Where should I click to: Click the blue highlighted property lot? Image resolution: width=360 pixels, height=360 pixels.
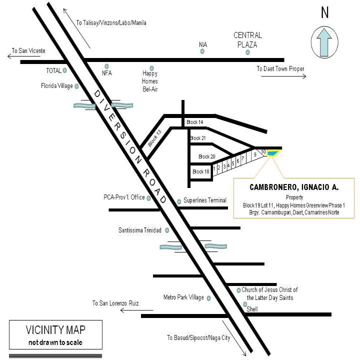point(273,153)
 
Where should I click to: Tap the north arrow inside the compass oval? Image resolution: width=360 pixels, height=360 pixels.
point(324,42)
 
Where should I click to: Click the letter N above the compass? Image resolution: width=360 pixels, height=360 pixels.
point(324,12)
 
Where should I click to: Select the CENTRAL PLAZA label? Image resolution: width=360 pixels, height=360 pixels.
point(247,39)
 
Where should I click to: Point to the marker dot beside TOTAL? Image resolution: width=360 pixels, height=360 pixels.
point(64,70)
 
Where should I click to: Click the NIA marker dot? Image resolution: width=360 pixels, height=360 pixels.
point(202,51)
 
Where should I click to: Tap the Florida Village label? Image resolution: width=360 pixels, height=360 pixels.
point(56,86)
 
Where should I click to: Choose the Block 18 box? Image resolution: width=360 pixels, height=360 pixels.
point(201,172)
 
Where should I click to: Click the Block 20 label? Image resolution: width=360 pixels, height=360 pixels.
point(207,156)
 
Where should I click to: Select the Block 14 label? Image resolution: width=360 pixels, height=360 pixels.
point(194,122)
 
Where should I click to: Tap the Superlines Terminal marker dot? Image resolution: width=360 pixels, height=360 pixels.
point(179,202)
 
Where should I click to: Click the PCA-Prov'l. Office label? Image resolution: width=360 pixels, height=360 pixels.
point(124,197)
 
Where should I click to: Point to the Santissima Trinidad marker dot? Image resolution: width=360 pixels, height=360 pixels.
point(167,230)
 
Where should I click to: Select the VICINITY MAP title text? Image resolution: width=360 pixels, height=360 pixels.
point(55,330)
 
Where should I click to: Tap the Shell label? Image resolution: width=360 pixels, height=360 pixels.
point(252,309)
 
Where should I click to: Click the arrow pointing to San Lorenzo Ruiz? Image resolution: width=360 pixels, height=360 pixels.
point(136,310)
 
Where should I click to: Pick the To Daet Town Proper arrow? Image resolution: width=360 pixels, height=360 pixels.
point(283,76)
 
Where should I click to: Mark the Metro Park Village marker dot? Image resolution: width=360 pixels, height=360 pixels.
point(208,298)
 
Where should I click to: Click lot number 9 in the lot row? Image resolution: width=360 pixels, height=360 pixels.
point(255,154)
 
